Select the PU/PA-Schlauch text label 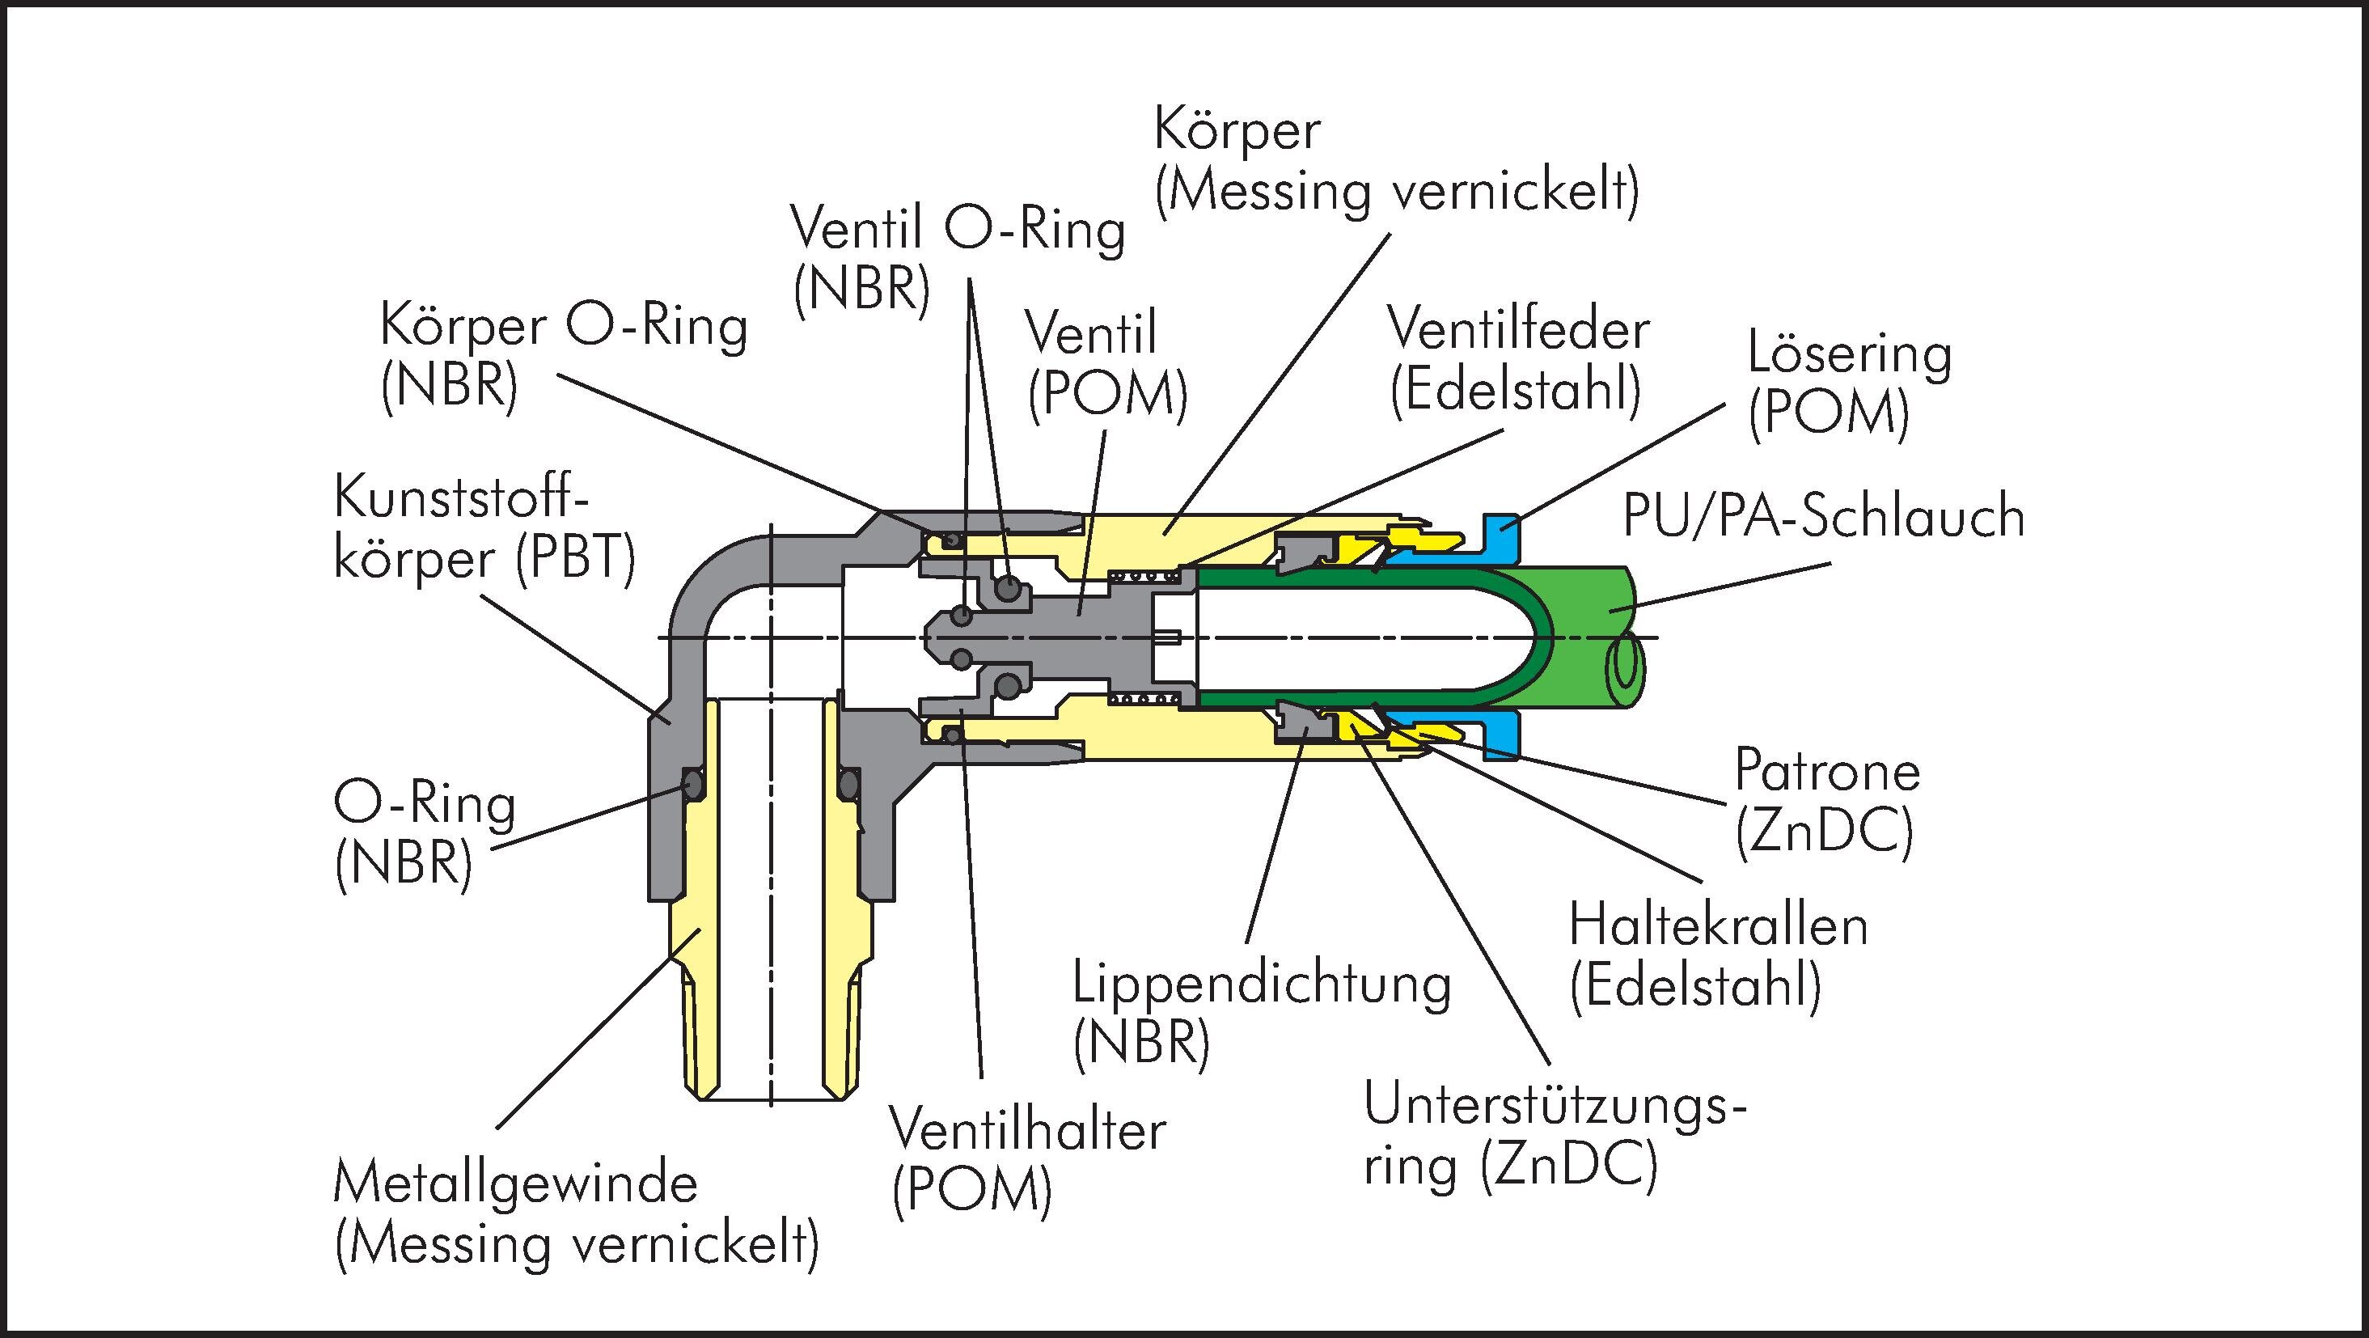(1823, 517)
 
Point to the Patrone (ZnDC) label (1826, 800)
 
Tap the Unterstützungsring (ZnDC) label (1555, 1137)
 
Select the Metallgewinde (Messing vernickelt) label (576, 1214)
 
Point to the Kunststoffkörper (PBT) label (484, 531)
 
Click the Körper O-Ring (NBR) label (563, 356)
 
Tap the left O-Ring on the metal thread (692, 784)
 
